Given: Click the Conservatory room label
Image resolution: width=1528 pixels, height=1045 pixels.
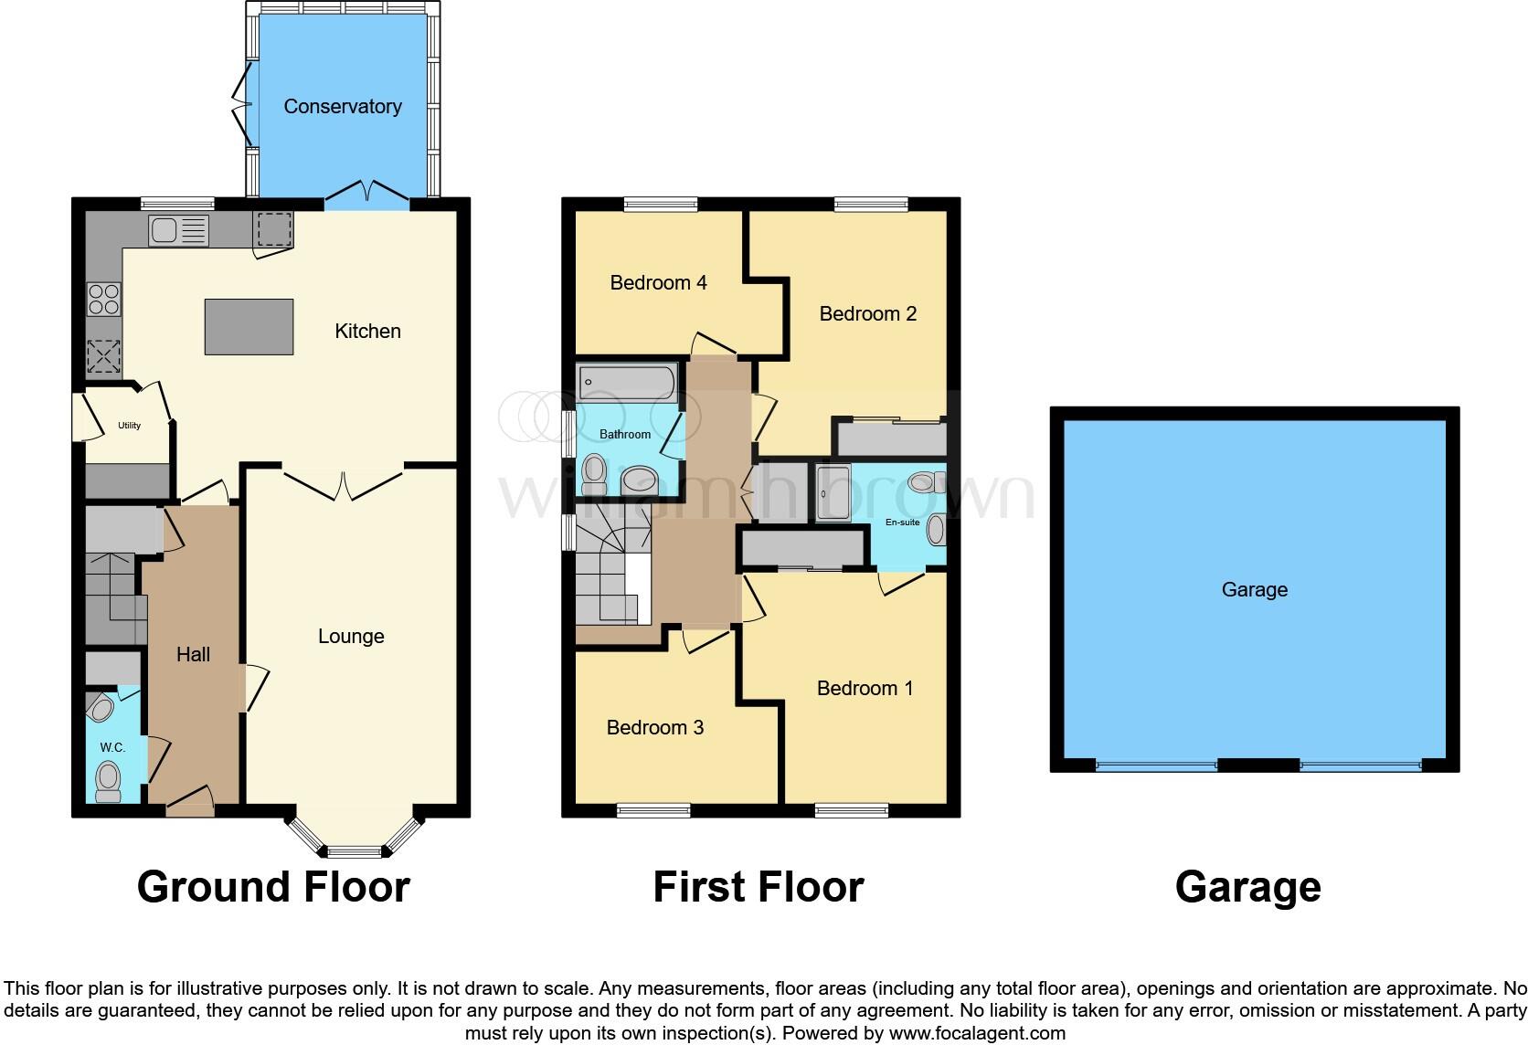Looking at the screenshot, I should tap(342, 107).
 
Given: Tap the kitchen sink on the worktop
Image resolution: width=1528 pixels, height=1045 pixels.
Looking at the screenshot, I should tap(179, 230).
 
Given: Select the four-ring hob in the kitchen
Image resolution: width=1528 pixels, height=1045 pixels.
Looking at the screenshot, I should tap(103, 300).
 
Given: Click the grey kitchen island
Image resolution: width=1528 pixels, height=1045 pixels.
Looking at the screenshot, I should tap(249, 326).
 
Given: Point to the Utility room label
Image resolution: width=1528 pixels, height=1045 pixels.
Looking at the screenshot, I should tap(129, 426).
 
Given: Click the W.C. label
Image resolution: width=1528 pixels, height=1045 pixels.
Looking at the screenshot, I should tap(112, 747).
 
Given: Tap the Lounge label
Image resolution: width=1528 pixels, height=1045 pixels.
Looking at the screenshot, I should tap(351, 637).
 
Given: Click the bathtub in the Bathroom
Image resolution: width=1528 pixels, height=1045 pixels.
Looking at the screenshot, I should tap(627, 383).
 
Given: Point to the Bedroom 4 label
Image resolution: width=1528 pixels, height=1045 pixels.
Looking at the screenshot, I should tap(658, 283).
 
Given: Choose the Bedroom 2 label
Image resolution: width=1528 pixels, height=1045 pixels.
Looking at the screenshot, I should tap(867, 314).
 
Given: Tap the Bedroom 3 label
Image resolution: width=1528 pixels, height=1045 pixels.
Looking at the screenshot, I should tap(654, 728).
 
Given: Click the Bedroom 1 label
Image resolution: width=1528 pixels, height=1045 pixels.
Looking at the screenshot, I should tap(865, 689).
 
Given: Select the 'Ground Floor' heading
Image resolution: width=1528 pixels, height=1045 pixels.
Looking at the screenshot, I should tap(273, 887).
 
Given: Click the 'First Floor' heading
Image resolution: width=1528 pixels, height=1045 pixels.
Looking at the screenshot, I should tap(758, 887).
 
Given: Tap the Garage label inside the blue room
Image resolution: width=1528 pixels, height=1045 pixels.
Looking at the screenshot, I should tap(1254, 590).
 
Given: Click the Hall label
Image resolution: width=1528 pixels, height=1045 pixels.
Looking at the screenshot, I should tap(193, 655).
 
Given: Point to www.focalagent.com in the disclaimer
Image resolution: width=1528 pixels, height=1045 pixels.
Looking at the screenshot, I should tap(977, 1034).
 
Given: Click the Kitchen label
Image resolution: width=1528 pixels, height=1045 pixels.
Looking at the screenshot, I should tap(367, 332).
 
